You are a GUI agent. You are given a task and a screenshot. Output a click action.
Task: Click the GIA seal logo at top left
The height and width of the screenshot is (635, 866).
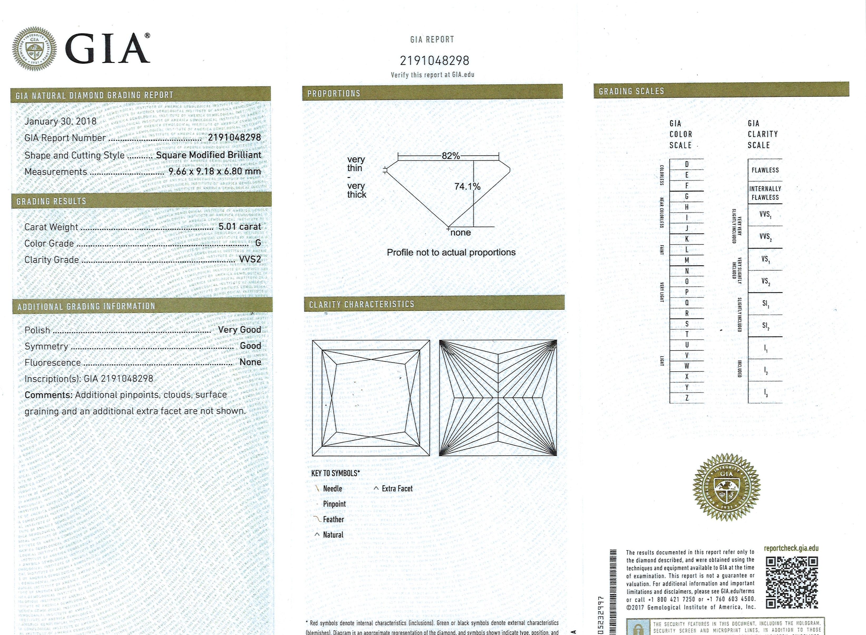[x=35, y=49]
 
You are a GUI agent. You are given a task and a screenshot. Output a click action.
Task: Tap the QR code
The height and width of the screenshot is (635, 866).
[x=791, y=583]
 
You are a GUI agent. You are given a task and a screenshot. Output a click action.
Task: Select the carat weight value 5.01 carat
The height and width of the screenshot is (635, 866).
[x=240, y=227]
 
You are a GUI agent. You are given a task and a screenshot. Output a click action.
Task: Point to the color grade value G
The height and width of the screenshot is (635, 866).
[x=258, y=243]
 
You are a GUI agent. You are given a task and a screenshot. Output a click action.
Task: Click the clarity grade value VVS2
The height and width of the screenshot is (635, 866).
[x=250, y=259]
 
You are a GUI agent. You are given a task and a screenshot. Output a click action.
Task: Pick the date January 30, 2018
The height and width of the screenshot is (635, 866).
[x=60, y=121]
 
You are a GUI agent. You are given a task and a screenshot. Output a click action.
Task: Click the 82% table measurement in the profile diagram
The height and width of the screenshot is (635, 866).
[x=451, y=156]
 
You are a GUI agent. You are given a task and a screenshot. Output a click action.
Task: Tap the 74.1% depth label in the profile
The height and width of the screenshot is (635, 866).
[x=467, y=187]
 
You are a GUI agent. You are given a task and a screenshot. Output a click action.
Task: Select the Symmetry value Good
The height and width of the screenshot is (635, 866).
[x=250, y=346]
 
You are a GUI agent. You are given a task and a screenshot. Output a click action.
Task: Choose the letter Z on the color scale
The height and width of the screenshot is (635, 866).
[x=687, y=398]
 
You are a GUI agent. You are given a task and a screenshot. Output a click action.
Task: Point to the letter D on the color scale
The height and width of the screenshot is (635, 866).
[x=687, y=165]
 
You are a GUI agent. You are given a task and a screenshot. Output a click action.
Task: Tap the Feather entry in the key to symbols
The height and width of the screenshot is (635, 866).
[x=333, y=520]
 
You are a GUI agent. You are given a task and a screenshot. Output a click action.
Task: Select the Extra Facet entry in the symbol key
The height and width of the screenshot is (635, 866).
[x=397, y=489]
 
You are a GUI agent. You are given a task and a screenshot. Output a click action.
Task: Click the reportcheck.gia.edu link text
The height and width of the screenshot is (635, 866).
[x=791, y=549]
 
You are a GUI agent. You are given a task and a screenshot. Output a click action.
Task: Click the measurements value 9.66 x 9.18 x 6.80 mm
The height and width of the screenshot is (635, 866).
[x=215, y=171]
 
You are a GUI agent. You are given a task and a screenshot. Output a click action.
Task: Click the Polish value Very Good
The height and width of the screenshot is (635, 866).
[x=239, y=330]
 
